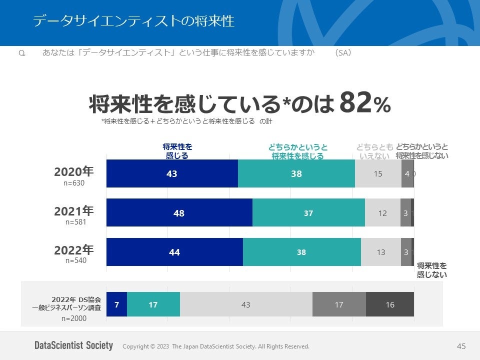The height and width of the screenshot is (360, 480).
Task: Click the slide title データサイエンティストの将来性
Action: coord(133,21)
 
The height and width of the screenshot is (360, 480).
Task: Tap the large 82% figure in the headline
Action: coord(364,103)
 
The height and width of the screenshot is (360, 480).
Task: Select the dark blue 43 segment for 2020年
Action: coord(172,173)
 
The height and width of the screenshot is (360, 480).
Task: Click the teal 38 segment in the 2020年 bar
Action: coord(296,173)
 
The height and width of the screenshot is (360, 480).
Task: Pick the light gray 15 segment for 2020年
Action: coord(378,173)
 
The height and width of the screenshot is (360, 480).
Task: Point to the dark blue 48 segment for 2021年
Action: coord(179,213)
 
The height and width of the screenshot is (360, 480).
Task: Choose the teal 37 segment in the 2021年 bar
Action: coord(308,213)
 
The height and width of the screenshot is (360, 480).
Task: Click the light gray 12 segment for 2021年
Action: coord(382,213)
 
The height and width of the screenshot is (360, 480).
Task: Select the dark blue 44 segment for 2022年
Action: coord(174,252)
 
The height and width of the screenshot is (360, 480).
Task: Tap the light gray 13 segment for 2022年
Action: coord(381,252)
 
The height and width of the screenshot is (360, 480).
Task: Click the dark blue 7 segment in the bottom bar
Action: coord(116,304)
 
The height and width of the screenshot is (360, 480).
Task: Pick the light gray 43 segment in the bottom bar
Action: coord(246,304)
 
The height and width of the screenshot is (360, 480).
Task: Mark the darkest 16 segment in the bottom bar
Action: coord(390,304)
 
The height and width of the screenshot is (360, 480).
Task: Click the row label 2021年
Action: coord(74,211)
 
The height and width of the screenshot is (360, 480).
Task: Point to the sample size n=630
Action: coord(74,183)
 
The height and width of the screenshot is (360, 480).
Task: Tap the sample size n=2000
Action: coord(74,318)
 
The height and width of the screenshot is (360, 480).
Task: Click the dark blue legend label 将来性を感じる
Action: coord(177,151)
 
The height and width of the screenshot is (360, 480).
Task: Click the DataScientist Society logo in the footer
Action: coord(73,346)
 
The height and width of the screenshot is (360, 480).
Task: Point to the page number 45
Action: coord(461,346)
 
